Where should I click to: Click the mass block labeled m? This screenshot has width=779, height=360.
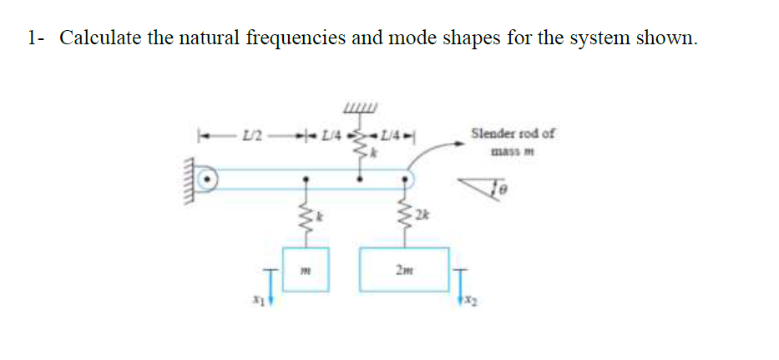pos(306,269)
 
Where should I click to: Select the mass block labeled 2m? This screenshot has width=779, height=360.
pos(405,269)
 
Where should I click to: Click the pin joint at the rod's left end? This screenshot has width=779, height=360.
pos(210,179)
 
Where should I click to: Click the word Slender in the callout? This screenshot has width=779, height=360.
pos(490,133)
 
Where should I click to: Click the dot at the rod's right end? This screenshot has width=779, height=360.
pos(407,178)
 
